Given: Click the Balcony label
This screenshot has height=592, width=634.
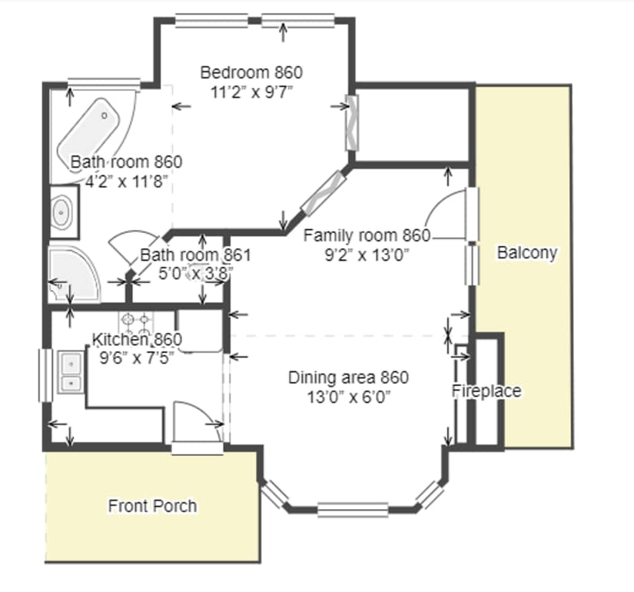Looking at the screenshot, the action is (x=527, y=253).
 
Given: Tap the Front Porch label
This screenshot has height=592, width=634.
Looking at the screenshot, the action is (x=152, y=506).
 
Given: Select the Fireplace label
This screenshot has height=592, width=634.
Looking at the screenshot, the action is (x=486, y=391).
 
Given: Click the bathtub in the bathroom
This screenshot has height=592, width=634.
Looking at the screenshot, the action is (x=89, y=130).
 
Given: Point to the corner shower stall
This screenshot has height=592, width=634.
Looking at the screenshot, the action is (x=73, y=274).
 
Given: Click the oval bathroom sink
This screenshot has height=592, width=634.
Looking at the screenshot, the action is (x=61, y=211).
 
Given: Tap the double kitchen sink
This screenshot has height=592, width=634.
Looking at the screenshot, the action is (x=71, y=372).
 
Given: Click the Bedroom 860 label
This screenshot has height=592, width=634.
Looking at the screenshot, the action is (x=251, y=72).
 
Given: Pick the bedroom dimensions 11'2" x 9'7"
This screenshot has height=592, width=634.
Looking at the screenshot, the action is (x=251, y=93).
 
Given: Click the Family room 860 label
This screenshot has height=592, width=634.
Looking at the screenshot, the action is (x=367, y=235).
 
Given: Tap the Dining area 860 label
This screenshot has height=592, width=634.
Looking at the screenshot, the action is (x=349, y=377).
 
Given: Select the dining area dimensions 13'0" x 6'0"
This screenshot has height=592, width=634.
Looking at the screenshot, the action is (x=349, y=397).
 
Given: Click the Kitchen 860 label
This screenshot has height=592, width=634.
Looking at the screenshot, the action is (x=137, y=339).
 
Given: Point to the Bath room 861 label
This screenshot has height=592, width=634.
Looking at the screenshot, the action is (x=196, y=255).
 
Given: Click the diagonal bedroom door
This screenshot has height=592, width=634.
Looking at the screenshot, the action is (x=324, y=193).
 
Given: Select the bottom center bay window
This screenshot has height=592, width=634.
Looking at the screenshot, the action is (x=353, y=510).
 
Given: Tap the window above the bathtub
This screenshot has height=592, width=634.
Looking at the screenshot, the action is (x=104, y=83).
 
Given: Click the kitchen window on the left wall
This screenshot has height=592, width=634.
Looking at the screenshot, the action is (x=45, y=375).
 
